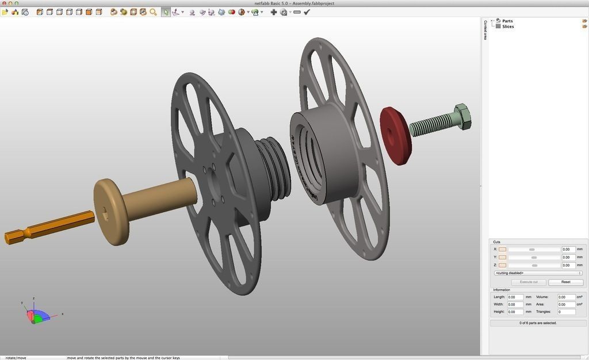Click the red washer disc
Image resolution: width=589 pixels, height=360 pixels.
(x=395, y=136)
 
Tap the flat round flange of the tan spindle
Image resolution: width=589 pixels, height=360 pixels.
(x=111, y=212)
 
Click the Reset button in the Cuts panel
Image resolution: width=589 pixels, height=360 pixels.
(x=565, y=282)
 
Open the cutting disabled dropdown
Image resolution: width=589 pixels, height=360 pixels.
(x=538, y=273)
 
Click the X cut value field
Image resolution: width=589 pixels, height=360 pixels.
(x=568, y=250)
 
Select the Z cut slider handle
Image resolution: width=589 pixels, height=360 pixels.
(x=534, y=266)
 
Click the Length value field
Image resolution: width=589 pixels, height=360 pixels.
(x=515, y=297)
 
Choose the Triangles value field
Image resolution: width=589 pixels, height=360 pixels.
(x=567, y=312)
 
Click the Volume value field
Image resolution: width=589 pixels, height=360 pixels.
(x=567, y=297)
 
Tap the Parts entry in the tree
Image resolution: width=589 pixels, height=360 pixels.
(x=507, y=21)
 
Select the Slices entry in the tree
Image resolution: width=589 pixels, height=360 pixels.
(x=507, y=26)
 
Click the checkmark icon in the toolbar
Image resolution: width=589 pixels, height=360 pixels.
(x=307, y=12)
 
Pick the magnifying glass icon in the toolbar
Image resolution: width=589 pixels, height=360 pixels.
(x=153, y=12)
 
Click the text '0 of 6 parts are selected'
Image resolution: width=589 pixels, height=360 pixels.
(x=538, y=323)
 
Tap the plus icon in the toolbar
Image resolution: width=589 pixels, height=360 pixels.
(x=273, y=12)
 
